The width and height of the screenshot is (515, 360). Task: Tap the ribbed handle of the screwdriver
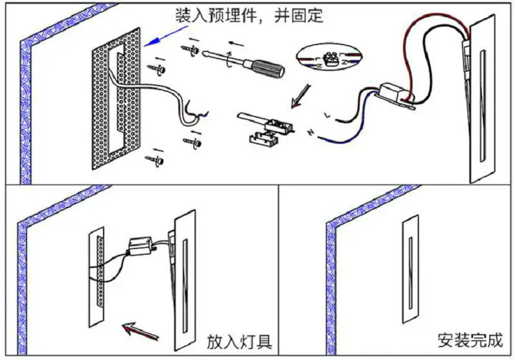coord(265,67)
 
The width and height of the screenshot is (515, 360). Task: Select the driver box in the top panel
coord(394,93)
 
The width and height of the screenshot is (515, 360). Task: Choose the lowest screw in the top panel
coord(155,156)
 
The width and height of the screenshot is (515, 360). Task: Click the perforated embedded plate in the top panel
coord(116,97)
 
